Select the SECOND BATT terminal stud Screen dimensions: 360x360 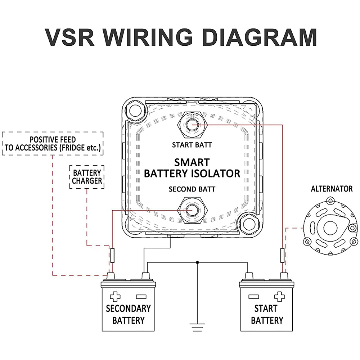tap(192, 209)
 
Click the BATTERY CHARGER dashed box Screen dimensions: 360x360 tap(87, 177)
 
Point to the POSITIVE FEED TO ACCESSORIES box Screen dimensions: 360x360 tap(53, 144)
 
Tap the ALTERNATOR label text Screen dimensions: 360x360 tap(332, 189)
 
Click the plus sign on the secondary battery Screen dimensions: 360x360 tap(115, 297)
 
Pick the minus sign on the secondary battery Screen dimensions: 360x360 tap(141, 297)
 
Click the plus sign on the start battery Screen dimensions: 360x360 tap(279, 297)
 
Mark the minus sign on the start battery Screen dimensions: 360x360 tap(253, 297)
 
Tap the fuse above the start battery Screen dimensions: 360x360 tap(282, 255)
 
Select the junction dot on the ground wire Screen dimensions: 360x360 tap(197, 262)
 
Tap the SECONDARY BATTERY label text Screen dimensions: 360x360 tap(128, 314)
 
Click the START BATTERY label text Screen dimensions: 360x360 tap(267, 314)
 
